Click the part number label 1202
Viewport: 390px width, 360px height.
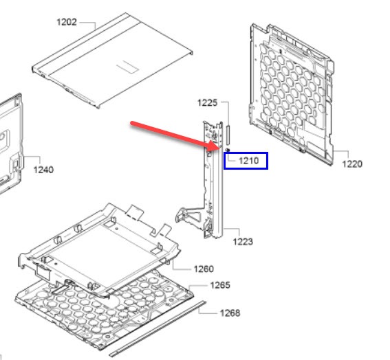click(67, 22)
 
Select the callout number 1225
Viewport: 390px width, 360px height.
click(207, 102)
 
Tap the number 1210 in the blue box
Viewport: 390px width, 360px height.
click(248, 161)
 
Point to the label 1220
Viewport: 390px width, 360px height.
click(352, 164)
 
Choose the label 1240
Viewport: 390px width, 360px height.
click(43, 170)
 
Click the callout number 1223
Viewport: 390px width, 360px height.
click(243, 242)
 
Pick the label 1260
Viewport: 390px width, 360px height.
click(204, 269)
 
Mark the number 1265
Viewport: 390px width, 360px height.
click(220, 285)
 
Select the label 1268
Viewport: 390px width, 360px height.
click(230, 313)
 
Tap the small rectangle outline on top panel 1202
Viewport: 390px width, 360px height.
click(127, 67)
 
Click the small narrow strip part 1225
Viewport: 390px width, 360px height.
click(228, 135)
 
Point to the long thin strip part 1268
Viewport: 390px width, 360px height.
click(158, 329)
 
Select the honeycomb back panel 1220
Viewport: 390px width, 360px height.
click(292, 94)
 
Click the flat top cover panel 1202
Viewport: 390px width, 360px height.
click(112, 60)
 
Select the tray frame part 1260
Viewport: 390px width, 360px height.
click(99, 249)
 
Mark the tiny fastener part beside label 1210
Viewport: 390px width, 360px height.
click(228, 150)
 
